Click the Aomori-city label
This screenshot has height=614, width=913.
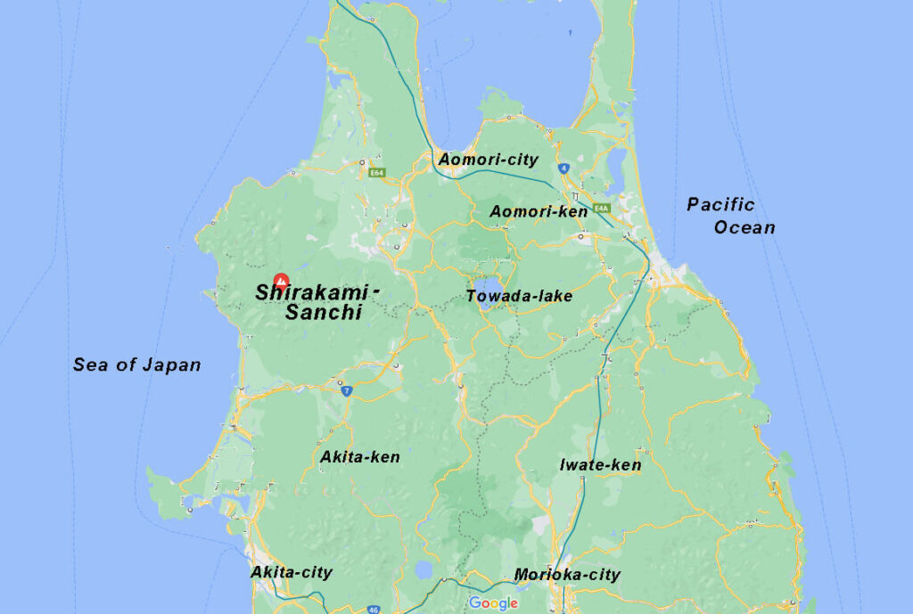(x=488, y=160)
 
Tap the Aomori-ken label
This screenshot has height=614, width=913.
(x=539, y=211)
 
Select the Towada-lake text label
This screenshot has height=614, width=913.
(x=519, y=296)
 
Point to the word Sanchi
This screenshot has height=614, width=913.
(x=323, y=313)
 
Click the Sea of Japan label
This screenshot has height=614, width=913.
(x=136, y=364)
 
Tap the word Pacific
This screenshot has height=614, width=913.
(x=720, y=205)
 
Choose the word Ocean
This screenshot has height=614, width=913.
(x=744, y=227)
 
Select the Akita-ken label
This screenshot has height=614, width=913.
(x=359, y=456)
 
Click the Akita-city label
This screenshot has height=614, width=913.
(x=291, y=572)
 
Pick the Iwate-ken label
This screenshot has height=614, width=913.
(x=600, y=464)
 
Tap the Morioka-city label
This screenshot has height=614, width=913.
(x=567, y=575)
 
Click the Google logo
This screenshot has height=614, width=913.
(x=493, y=603)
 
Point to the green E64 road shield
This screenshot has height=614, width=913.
(x=376, y=173)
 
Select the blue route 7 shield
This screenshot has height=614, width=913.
(x=345, y=390)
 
